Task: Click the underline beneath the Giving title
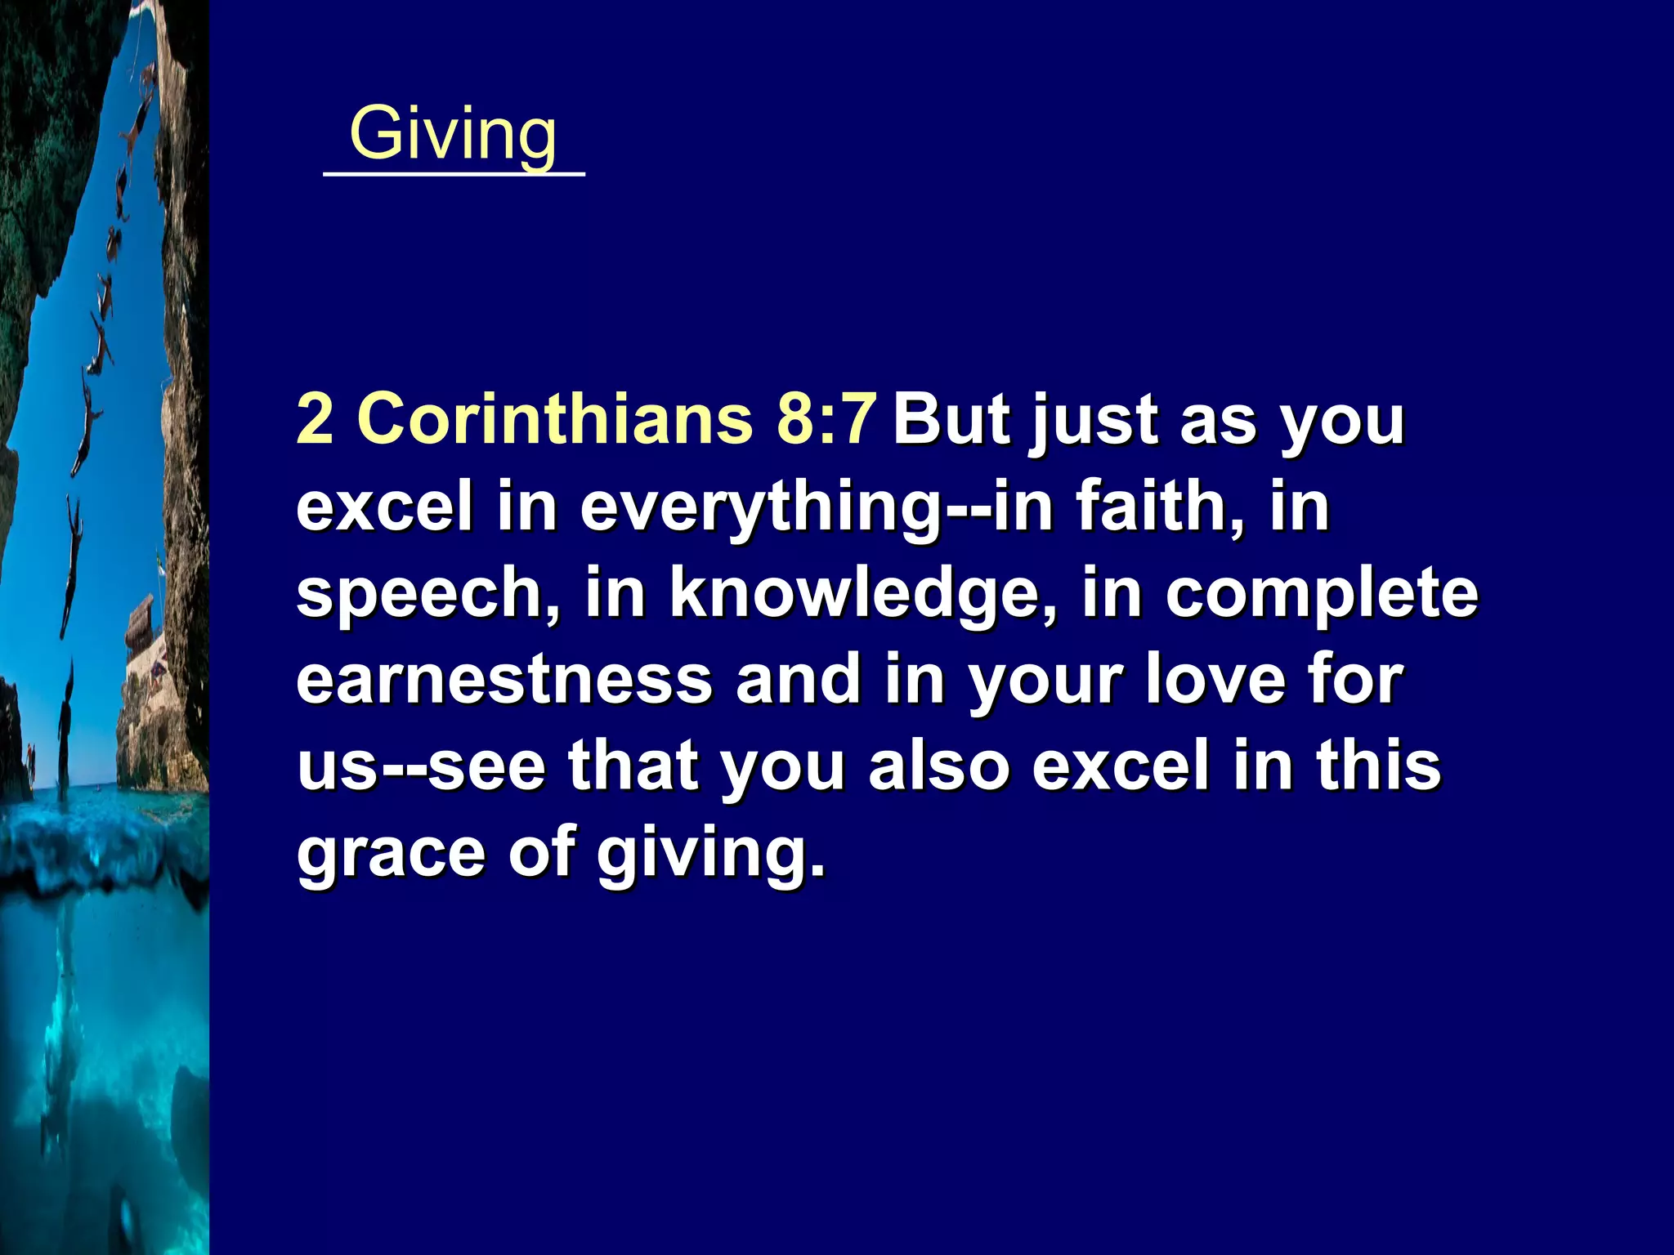[x=454, y=173]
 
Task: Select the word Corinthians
[x=555, y=418]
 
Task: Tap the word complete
[x=1322, y=595]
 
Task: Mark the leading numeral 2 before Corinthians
[x=315, y=418]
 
